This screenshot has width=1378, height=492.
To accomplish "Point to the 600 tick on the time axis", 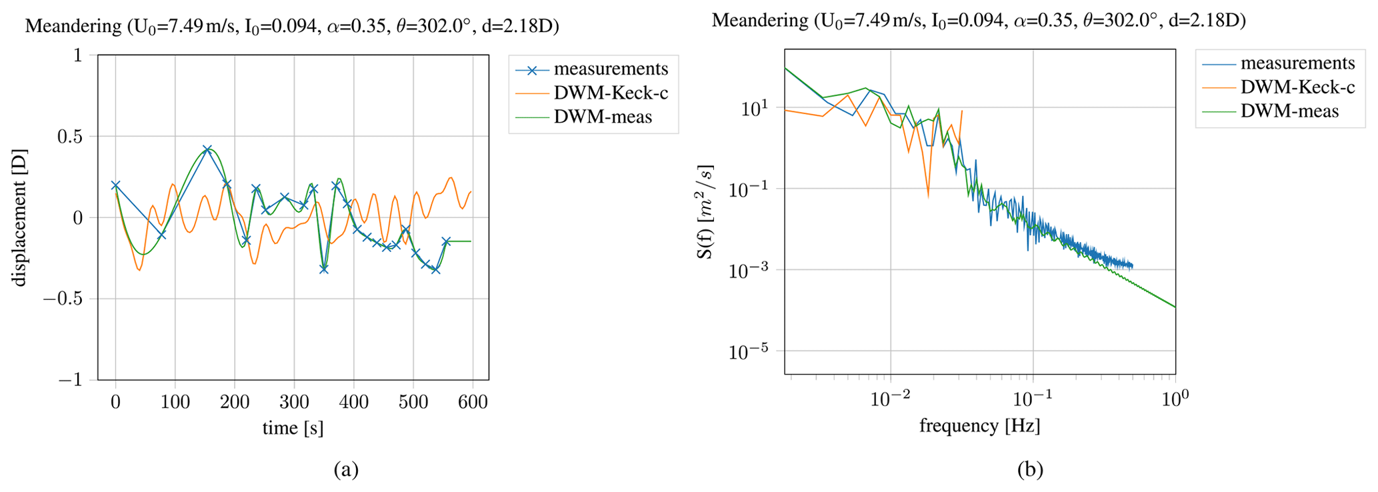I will coord(473,402).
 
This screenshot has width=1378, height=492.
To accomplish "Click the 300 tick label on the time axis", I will coord(294,402).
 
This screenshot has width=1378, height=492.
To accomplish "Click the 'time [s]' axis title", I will coord(293,428).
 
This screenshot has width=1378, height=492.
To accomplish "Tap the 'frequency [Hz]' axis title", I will coord(979,425).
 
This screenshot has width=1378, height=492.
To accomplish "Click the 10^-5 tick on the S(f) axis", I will coord(751,351).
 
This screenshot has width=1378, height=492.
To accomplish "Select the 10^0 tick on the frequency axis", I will coord(1175,399).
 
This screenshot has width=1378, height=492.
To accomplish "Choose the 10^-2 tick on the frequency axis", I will coord(891,399).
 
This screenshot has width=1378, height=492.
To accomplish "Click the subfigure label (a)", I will coord(346,470).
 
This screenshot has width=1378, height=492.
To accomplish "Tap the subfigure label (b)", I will coord(1030,470).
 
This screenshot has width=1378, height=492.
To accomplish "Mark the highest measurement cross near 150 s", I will coord(207,149).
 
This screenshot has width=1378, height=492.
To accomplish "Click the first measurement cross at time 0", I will coord(115,185).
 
